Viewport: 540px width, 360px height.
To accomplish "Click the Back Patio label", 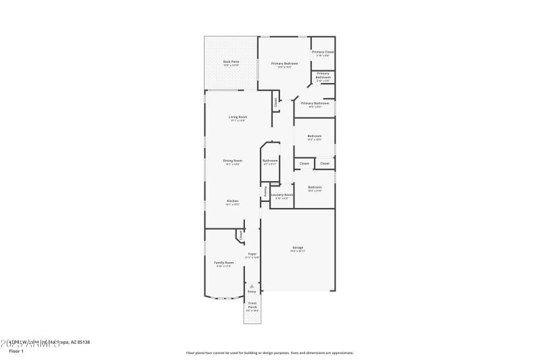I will click(231, 61).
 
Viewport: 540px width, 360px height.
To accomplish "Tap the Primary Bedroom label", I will click(284, 63).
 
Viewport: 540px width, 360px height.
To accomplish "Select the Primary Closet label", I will click(323, 52).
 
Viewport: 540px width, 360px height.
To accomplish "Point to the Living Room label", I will click(238, 117).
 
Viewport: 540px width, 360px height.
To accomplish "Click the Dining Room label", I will click(233, 161).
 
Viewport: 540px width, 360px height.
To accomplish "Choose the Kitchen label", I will click(232, 201).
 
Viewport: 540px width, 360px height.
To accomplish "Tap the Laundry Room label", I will click(281, 195).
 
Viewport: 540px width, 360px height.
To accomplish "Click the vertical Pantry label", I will click(265, 191).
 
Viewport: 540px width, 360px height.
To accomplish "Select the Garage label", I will click(298, 247).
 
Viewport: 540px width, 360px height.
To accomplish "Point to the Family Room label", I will click(224, 262).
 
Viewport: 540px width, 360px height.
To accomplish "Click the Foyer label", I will click(252, 254).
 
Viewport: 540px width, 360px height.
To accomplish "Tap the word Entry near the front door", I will click(251, 291).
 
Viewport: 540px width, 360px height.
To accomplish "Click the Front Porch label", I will click(251, 305).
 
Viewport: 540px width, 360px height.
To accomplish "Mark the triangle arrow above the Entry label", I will click(251, 286).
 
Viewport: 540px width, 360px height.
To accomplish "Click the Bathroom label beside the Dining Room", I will click(270, 161).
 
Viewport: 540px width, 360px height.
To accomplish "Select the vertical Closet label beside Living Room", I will click(275, 102).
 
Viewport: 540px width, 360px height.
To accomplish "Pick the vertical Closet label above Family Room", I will click(240, 235).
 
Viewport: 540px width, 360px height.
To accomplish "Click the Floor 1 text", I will click(16, 351).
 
